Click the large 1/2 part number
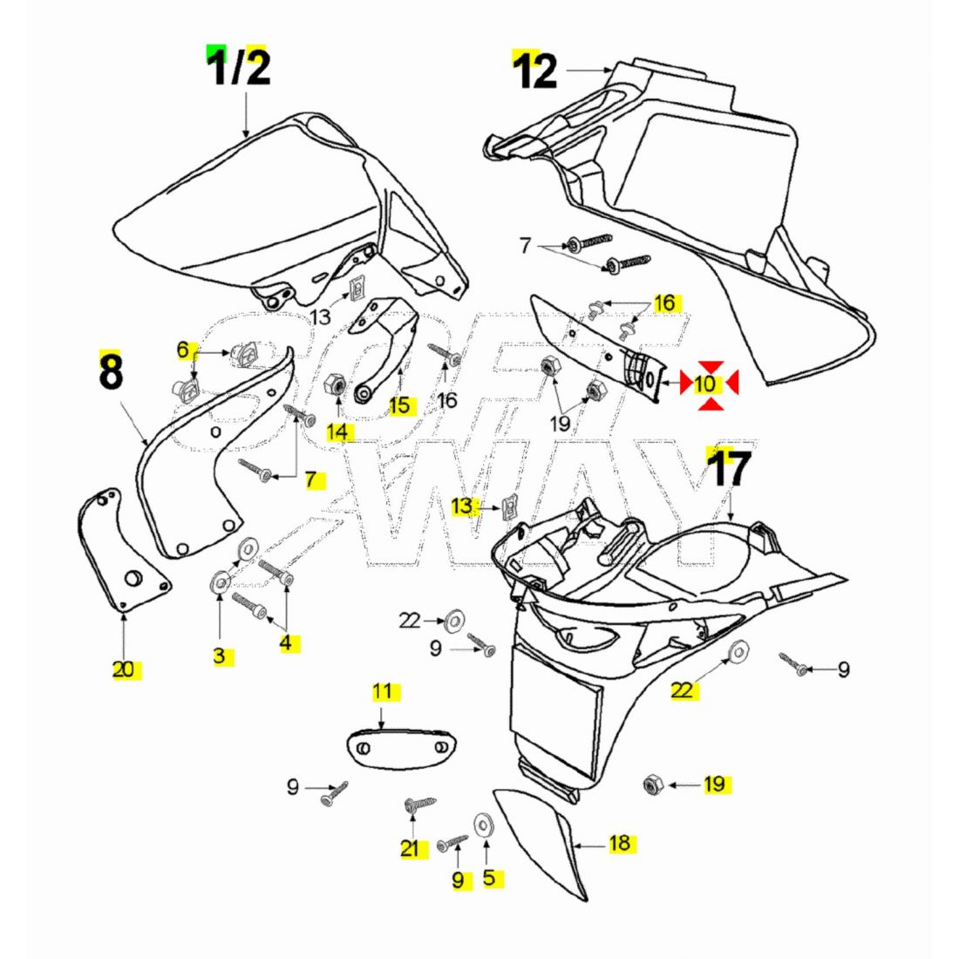coord(238,68)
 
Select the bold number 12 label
coord(535,71)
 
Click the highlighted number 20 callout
coord(126,670)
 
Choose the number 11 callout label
coord(383,692)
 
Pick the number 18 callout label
coord(620,843)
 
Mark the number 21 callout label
coord(410,848)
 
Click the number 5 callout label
coord(488,877)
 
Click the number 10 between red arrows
coord(706,384)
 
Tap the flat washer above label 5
coord(481,823)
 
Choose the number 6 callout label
coord(182,350)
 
